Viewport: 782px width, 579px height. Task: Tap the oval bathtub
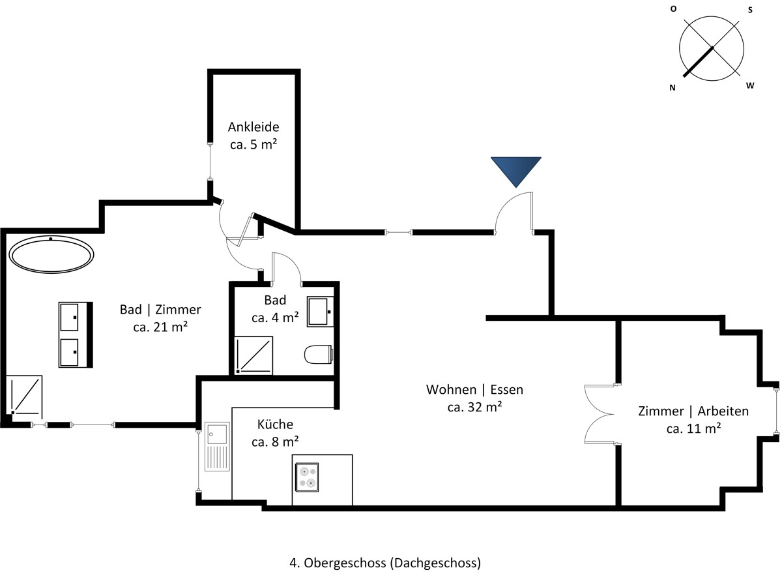coord(51,254)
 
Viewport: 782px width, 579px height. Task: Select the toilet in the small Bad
coord(319,354)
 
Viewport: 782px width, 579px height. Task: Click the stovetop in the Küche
coord(307,477)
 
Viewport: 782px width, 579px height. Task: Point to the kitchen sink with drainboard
coord(217,447)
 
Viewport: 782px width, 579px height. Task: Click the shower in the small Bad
coord(253,355)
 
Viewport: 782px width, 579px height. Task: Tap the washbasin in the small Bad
coord(320,312)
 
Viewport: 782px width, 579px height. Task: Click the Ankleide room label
coord(253,126)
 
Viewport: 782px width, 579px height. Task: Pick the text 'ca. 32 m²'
coord(474,407)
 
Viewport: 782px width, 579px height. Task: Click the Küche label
coord(275,424)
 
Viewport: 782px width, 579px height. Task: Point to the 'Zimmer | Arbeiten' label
coord(693,411)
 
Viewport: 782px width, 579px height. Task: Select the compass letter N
coord(673,88)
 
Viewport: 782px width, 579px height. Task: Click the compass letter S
coord(750,10)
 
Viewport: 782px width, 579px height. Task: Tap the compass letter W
coord(750,85)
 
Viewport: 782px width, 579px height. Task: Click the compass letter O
coord(673,9)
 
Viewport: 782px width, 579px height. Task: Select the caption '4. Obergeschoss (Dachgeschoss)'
coord(385,563)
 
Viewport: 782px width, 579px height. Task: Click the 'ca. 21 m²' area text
coord(160,327)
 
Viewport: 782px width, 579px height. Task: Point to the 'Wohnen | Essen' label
coord(474,389)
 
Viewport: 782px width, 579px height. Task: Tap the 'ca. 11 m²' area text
coord(693,428)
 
